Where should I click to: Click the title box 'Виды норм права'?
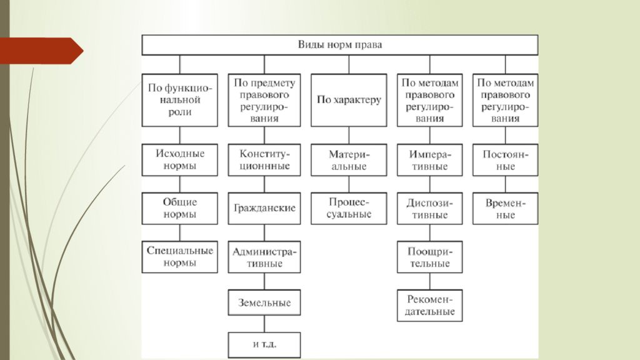click(x=339, y=45)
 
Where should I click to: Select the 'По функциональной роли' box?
click(x=179, y=100)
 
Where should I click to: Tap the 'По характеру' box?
click(x=349, y=100)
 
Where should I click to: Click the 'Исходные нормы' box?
click(x=179, y=159)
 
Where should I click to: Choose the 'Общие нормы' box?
click(x=179, y=208)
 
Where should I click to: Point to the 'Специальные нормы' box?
click(x=179, y=257)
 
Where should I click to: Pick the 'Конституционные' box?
click(x=264, y=159)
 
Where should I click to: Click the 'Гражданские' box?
click(x=264, y=208)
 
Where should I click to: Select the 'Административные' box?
click(x=264, y=257)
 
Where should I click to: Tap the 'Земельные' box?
click(x=264, y=302)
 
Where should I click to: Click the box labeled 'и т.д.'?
click(x=264, y=345)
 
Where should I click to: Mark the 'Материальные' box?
click(x=349, y=159)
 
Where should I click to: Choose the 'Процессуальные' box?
click(x=349, y=208)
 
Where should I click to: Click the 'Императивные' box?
click(x=429, y=159)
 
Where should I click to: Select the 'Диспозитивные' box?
click(x=429, y=208)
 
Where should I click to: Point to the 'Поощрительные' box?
click(x=429, y=257)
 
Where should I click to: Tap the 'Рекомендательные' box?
click(x=429, y=305)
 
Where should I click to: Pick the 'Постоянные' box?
click(x=505, y=159)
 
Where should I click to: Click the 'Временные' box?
click(x=505, y=208)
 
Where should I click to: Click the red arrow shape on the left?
click(x=41, y=51)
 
